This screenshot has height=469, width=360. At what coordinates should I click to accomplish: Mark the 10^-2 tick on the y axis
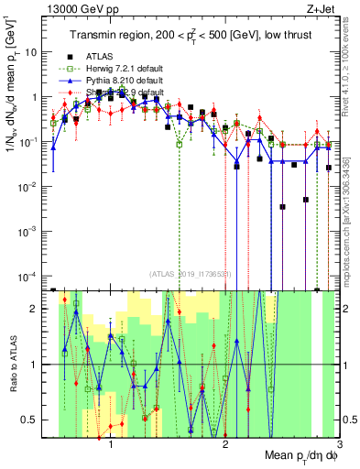[x=30, y=187]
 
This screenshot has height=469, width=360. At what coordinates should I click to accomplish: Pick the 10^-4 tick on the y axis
[x=30, y=277]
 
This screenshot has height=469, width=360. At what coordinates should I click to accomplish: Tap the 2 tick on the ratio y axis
[x=38, y=309]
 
